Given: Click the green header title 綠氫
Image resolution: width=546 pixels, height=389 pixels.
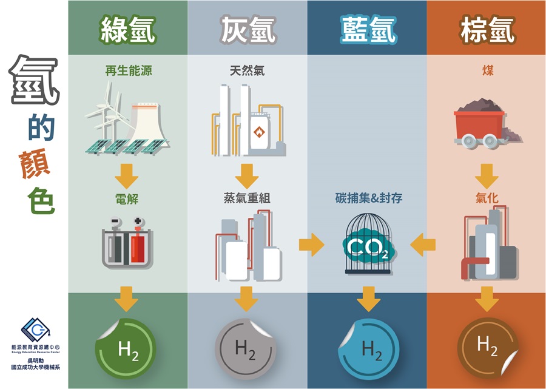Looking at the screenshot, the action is point(128,30).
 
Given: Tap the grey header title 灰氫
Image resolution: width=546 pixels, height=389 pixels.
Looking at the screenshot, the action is point(248,30).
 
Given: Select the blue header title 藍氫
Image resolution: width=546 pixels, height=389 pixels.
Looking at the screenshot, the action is point(368,30).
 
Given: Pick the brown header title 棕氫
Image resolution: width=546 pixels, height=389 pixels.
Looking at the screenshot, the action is point(487,30).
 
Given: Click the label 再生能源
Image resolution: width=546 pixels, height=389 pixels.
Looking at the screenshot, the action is point(129,70).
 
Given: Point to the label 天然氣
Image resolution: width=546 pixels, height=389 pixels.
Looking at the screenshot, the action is point(248,70).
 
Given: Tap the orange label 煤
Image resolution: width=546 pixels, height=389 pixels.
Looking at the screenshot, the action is point(488,70).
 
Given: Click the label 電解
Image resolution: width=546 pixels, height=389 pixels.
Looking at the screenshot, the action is point(127,199).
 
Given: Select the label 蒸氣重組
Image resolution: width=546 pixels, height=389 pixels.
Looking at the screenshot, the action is point(247,198).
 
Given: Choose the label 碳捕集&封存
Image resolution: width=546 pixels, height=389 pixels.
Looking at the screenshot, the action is point(369,198).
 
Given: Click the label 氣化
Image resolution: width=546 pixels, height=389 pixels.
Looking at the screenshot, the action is point(487,198).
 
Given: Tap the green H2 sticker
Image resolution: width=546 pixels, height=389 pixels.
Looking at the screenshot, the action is point(126,348).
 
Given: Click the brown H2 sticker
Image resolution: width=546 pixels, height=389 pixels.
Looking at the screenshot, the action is point(488,348).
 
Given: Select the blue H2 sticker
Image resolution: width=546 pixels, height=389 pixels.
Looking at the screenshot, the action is point(369,349).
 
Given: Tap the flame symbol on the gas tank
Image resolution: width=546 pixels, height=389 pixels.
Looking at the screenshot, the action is point(259,132).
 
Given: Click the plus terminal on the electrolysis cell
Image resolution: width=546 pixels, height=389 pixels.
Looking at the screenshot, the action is point(138,221).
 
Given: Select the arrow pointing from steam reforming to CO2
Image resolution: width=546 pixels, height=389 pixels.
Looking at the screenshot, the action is point(311,245).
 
